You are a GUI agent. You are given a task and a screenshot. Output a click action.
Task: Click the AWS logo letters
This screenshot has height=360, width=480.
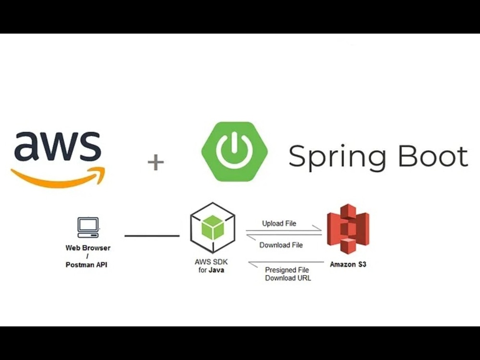pyautogui.click(x=58, y=146)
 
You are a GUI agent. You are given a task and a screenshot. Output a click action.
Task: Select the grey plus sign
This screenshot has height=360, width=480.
pyautogui.click(x=156, y=162)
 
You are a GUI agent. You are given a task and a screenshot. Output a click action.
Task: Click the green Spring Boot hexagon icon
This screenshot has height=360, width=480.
pyautogui.click(x=235, y=152)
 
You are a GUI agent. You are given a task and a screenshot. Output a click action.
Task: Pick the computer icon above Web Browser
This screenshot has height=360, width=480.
pyautogui.click(x=88, y=228)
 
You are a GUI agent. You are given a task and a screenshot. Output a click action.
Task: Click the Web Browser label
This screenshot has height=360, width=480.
pyautogui.click(x=88, y=248)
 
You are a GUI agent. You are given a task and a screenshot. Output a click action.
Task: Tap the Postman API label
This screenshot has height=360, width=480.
pyautogui.click(x=86, y=264)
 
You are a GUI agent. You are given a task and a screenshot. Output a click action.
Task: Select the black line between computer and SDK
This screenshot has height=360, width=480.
pyautogui.click(x=152, y=236)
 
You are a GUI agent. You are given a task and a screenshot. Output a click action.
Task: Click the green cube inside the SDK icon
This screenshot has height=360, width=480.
pyautogui.click(x=213, y=227)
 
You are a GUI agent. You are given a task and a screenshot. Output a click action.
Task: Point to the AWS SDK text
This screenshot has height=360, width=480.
pyautogui.click(x=211, y=262)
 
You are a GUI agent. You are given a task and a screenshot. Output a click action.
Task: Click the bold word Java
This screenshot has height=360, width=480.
pyautogui.click(x=216, y=270)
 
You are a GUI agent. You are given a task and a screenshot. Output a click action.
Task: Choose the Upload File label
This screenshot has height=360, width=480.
pyautogui.click(x=279, y=224)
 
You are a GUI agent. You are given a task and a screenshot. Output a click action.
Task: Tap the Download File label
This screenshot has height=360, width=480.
pyautogui.click(x=281, y=245)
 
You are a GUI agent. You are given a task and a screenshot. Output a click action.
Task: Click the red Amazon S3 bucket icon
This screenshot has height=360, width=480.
pyautogui.click(x=348, y=229)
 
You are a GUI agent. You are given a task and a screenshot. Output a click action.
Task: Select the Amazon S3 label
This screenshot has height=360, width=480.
pyautogui.click(x=348, y=264)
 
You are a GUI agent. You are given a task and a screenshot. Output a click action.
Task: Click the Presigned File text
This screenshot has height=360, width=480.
pyautogui.click(x=287, y=270)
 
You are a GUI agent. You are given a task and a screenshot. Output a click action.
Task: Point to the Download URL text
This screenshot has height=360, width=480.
pyautogui.click(x=288, y=278)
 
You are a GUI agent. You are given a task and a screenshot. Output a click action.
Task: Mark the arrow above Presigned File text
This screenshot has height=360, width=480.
pyautogui.click(x=286, y=263)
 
